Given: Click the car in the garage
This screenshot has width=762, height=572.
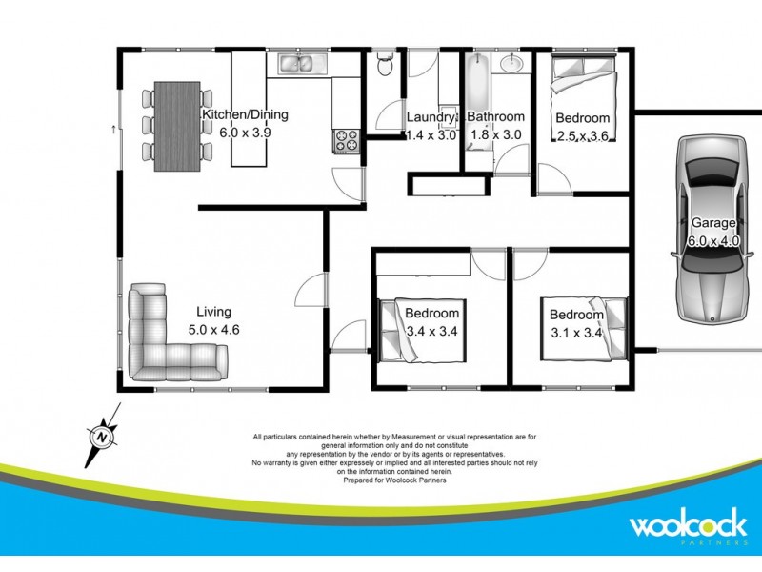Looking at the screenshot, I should pos(712,229).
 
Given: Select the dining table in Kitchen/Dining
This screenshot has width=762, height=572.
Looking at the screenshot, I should pos(177,125).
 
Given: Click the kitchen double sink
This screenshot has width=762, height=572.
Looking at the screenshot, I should pos(302,65).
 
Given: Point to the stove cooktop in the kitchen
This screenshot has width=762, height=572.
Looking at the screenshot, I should pos(344,141).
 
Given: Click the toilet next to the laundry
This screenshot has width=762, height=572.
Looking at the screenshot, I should pos(383,66).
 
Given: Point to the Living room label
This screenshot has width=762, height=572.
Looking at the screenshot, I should pos(213,312).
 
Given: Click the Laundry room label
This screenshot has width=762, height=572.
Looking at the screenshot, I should pos(431,118).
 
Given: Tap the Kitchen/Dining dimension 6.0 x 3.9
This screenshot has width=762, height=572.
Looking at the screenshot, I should pos(246,133).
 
